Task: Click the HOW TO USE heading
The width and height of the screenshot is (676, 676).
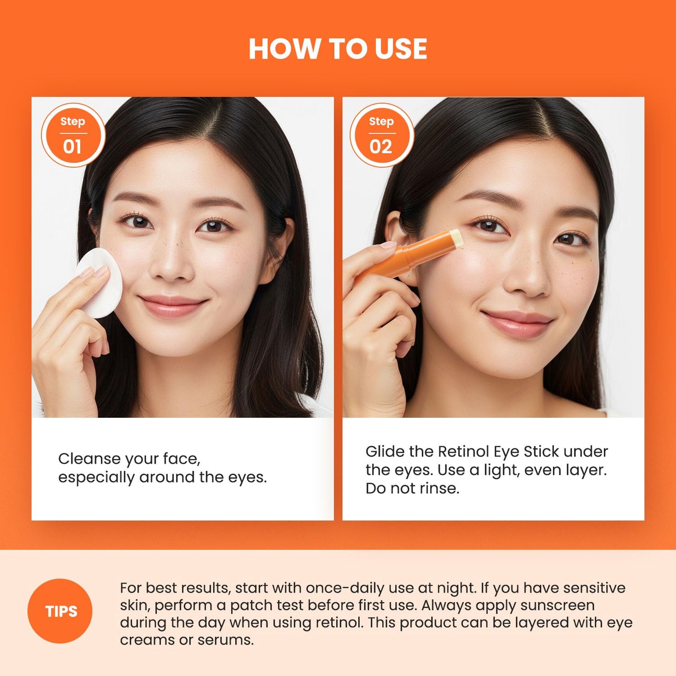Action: (338, 49)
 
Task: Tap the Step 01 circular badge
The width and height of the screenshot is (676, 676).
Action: (73, 135)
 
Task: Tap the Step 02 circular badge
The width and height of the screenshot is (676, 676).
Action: (381, 135)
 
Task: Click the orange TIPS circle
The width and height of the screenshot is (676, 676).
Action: (60, 611)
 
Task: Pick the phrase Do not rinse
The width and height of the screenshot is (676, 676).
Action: (412, 488)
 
